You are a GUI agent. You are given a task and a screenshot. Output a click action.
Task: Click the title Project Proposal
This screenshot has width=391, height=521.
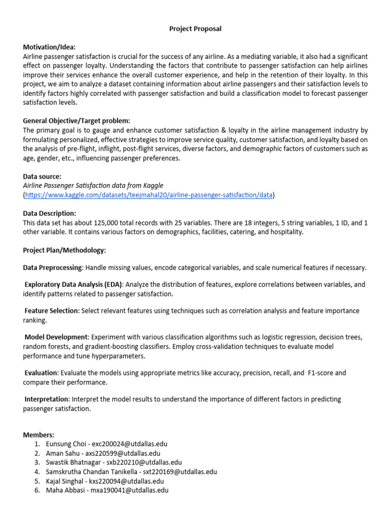[195, 29]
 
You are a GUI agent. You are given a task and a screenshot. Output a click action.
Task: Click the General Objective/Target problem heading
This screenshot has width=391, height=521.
[77, 121]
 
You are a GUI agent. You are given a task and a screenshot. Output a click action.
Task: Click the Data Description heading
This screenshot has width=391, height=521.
[49, 213]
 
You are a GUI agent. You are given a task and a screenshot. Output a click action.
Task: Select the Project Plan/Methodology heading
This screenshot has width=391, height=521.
[64, 250]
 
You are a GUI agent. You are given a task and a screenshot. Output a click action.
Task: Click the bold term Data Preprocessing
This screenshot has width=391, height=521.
[52, 268]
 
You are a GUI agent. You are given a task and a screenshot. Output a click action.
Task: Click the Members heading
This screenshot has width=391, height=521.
[39, 435]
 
